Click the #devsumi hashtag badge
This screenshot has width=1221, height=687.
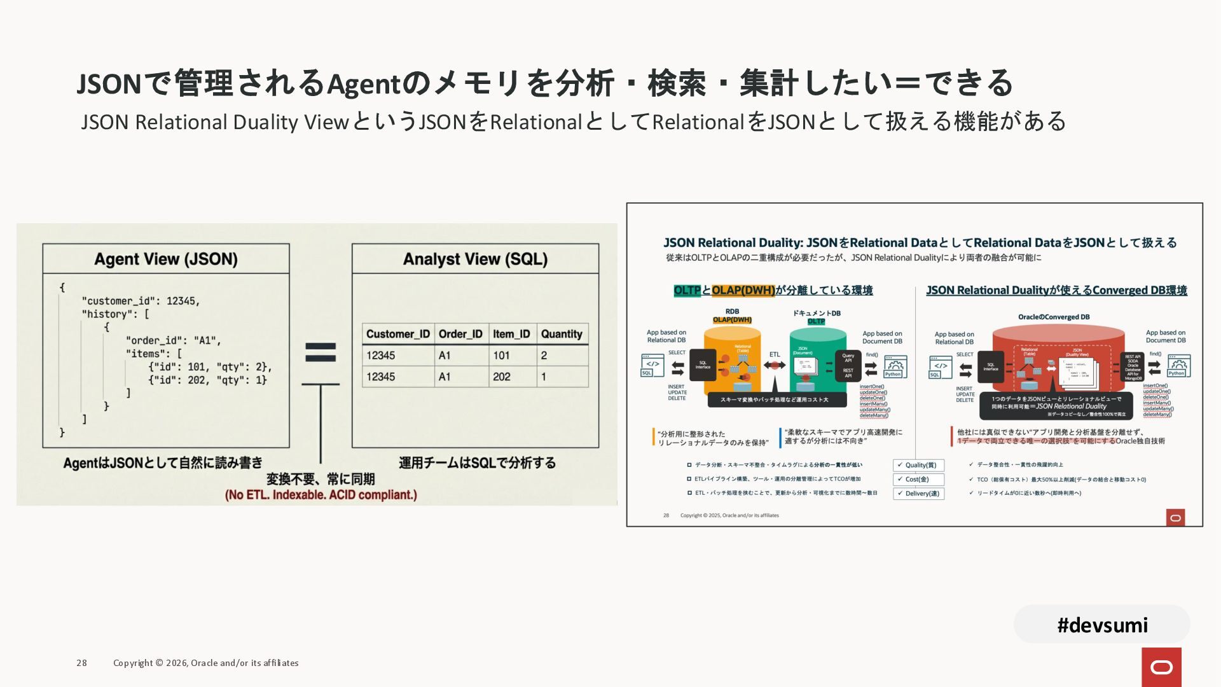pos(1102,625)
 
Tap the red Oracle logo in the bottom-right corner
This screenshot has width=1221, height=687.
pos(1161,667)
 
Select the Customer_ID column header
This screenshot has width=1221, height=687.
pos(398,334)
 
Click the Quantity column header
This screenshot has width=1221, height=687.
pos(562,334)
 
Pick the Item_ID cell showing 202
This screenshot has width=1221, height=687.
pos(502,377)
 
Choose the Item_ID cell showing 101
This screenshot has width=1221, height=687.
pos(501,356)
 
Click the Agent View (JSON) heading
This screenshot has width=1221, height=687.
pos(166,259)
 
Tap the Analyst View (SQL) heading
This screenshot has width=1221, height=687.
pos(475,259)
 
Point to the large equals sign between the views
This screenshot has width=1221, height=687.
pos(321,352)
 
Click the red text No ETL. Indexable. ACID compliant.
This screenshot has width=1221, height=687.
pos(321,495)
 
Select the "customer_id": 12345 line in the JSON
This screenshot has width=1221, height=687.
pos(141,301)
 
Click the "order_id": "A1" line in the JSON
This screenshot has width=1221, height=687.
pos(174,340)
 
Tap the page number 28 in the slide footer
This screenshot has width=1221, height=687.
pos(81,663)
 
